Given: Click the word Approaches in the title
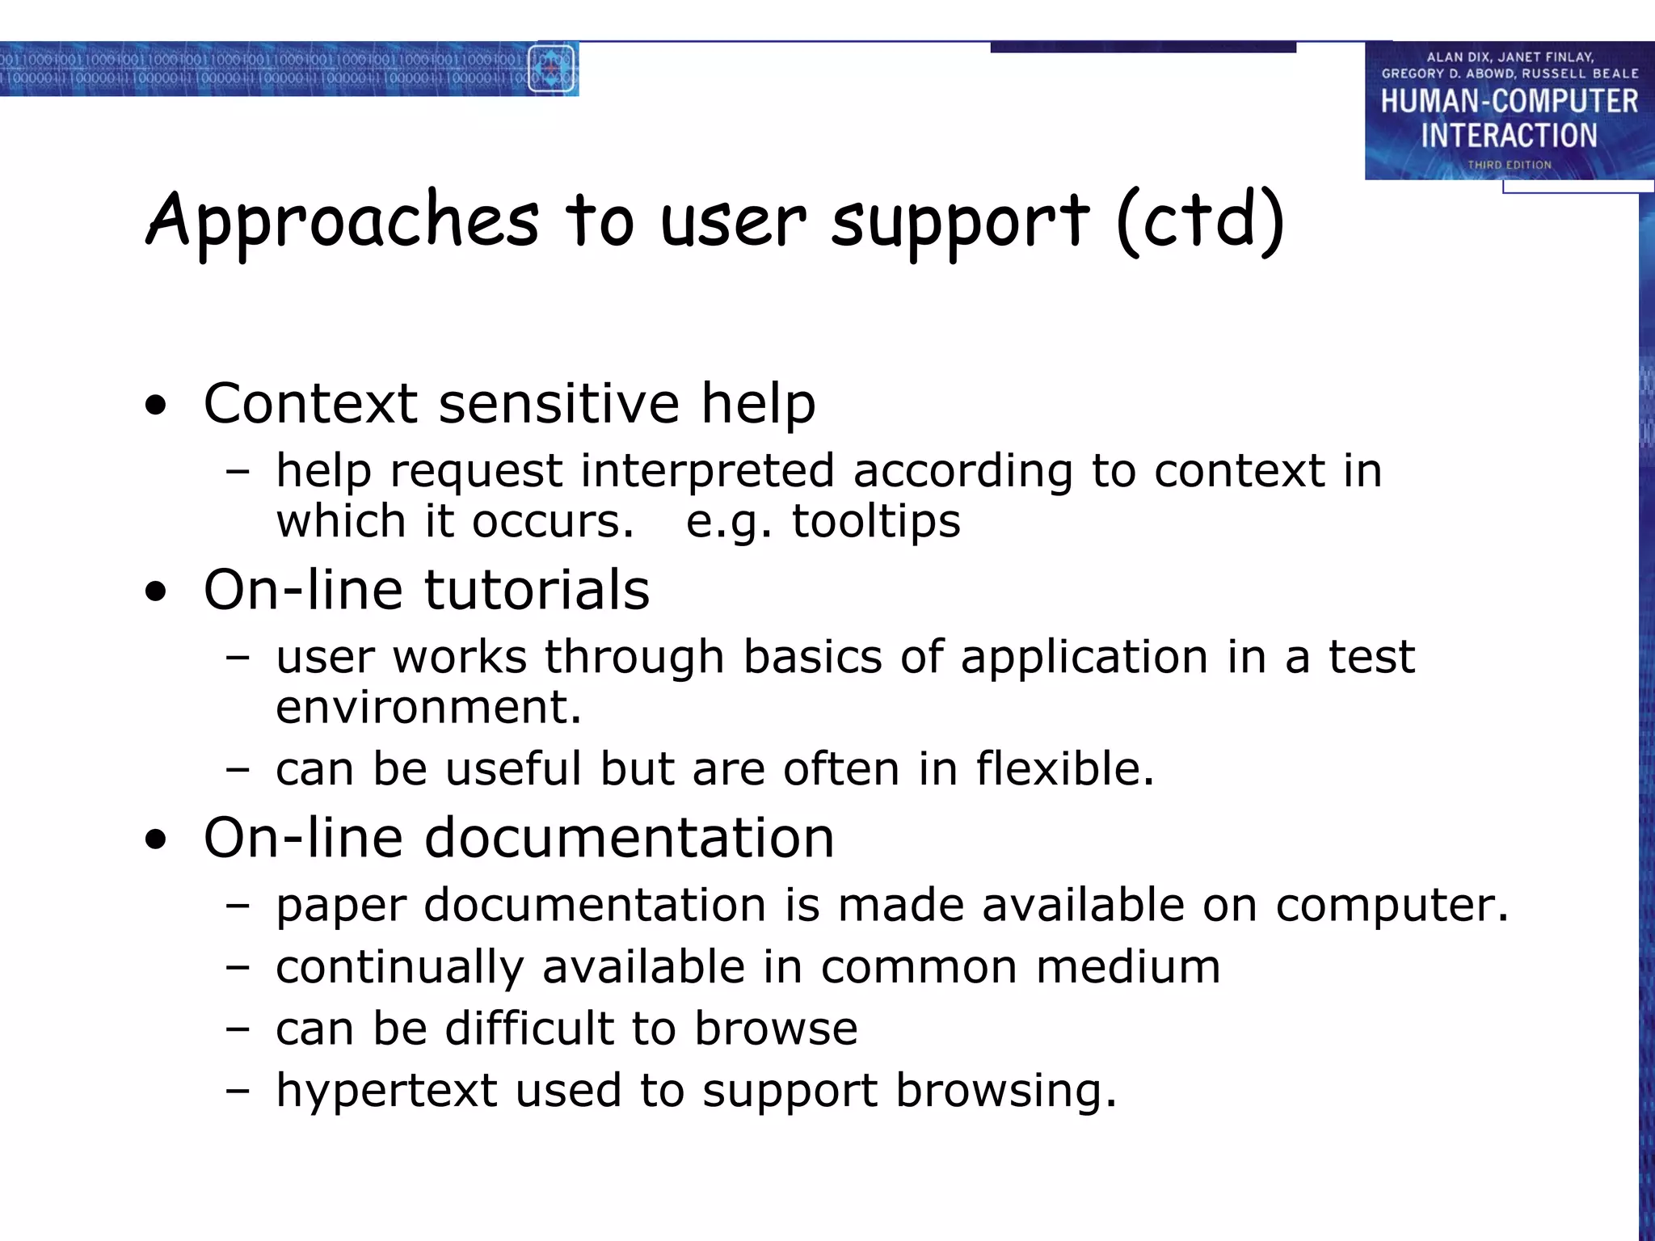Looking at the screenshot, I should (342, 222).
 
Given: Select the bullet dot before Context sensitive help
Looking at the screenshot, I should (156, 406).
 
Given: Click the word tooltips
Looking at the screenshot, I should (876, 521).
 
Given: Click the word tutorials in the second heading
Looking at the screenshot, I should (537, 590).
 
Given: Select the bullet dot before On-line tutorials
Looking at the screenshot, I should (156, 592).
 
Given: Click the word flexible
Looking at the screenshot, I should (1064, 768).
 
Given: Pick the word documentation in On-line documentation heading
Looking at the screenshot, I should (629, 838).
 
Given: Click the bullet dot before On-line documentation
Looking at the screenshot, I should (156, 840).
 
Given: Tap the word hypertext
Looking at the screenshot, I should (385, 1092).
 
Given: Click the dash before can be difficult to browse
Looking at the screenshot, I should (238, 1030).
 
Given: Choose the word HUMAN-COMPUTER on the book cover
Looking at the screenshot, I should (1509, 102).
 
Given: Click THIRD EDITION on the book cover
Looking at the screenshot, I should (1509, 165).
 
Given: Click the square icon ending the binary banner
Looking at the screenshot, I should (552, 69).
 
